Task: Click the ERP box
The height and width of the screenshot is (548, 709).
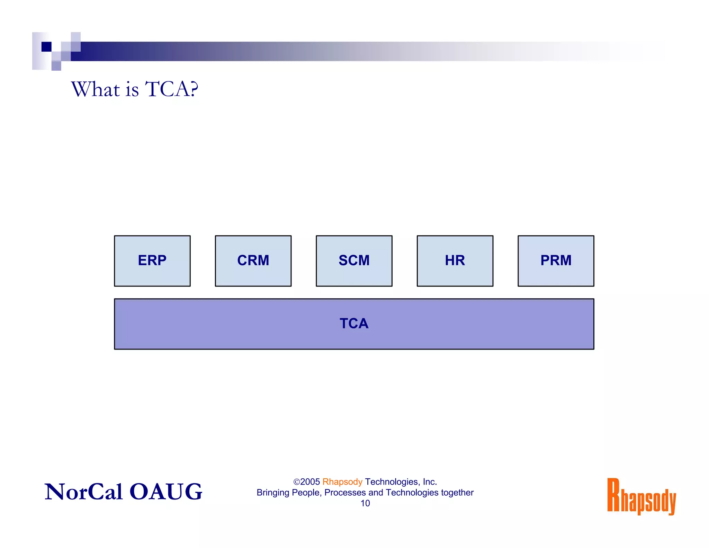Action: pyautogui.click(x=152, y=261)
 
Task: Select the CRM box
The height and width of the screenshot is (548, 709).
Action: pyautogui.click(x=253, y=261)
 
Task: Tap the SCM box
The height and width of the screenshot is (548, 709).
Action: pyautogui.click(x=354, y=261)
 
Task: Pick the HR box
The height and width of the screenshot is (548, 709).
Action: pyautogui.click(x=455, y=261)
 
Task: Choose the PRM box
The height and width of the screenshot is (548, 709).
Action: pyautogui.click(x=556, y=261)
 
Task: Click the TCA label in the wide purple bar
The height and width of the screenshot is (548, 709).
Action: pyautogui.click(x=354, y=324)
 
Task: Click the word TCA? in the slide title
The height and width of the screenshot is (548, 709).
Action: pyautogui.click(x=172, y=89)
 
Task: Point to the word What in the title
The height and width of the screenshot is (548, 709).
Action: pyautogui.click(x=96, y=89)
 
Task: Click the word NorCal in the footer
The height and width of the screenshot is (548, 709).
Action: pyautogui.click(x=83, y=492)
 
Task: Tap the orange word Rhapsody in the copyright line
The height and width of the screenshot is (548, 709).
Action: pyautogui.click(x=342, y=482)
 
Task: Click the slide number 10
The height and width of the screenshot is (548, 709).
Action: pyautogui.click(x=365, y=503)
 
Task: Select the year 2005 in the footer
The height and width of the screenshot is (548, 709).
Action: pyautogui.click(x=310, y=482)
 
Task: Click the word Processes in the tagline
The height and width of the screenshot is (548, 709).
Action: pyautogui.click(x=345, y=493)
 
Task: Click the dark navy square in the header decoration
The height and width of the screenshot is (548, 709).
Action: pyautogui.click(x=46, y=46)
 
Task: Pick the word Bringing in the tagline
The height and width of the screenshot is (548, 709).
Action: pyautogui.click(x=273, y=493)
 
